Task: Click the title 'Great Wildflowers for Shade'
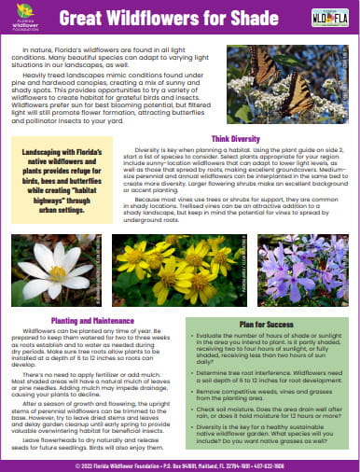click(182, 18)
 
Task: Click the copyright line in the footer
click(180, 464)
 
